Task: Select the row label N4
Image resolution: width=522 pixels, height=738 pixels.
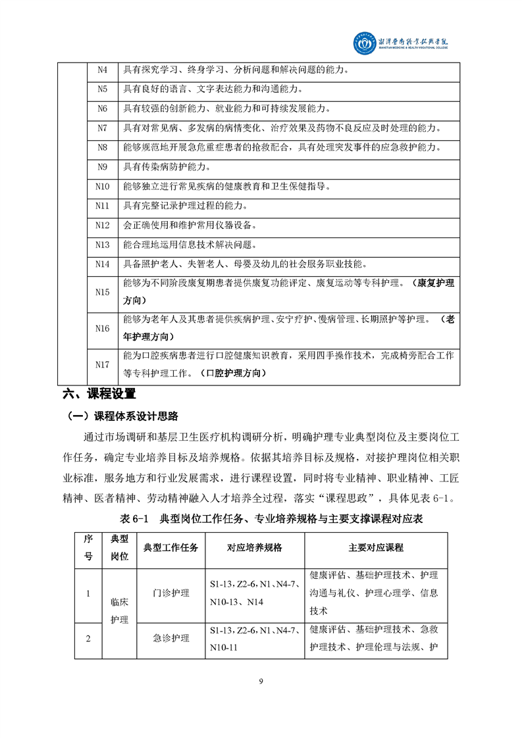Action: click(102, 70)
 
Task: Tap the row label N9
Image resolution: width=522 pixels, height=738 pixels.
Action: click(102, 167)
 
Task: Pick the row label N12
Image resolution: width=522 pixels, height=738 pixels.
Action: click(102, 225)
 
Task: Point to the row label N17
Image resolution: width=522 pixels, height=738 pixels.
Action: click(102, 364)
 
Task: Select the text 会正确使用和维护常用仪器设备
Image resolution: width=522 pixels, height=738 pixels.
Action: click(190, 225)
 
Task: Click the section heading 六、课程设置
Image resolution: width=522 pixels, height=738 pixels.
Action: click(99, 395)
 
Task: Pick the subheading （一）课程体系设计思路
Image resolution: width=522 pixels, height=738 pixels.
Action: click(122, 416)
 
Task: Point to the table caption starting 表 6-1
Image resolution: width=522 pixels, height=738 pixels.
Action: click(261, 519)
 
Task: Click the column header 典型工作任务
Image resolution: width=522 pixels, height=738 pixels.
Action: click(170, 547)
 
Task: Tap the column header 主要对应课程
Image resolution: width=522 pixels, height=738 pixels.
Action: click(376, 547)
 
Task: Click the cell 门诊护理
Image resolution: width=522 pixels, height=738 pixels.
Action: click(170, 593)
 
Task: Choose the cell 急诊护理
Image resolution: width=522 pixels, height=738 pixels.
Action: click(170, 638)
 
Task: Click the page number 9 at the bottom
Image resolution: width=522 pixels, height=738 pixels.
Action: click(261, 681)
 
